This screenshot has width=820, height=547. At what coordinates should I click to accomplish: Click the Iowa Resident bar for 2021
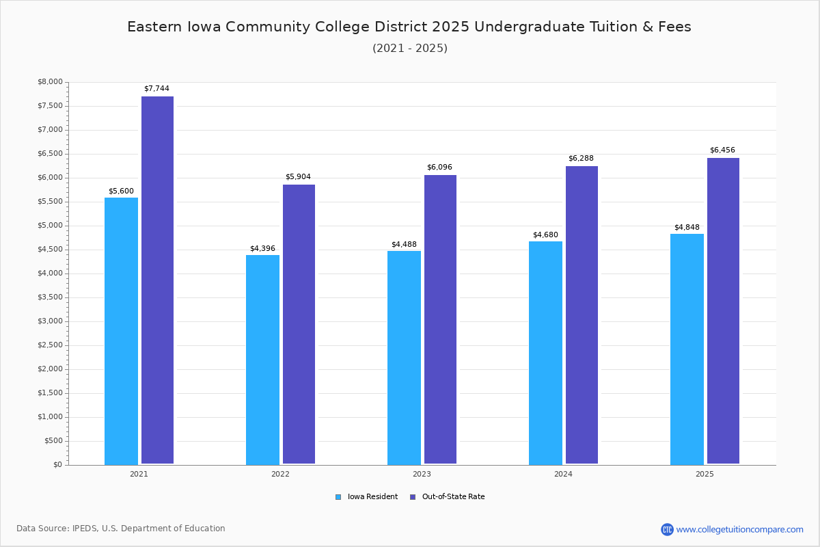(x=121, y=331)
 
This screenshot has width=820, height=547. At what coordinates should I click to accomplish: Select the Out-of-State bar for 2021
(x=157, y=280)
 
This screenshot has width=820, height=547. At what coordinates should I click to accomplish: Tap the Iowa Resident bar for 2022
(x=262, y=360)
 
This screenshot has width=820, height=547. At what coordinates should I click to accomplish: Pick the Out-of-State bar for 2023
(x=440, y=319)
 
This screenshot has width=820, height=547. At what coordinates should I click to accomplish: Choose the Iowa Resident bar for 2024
(x=545, y=353)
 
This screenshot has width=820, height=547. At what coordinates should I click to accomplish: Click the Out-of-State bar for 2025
(x=723, y=311)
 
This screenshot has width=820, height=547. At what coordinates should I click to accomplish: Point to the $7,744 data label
(x=156, y=89)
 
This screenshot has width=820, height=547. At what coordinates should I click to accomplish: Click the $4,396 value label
(x=262, y=249)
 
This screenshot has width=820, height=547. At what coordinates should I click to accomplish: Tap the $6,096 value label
(x=439, y=168)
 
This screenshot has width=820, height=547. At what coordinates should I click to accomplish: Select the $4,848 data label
(x=687, y=228)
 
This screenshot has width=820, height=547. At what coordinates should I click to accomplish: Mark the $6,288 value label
(x=581, y=159)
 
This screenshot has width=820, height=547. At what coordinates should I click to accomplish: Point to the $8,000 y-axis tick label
(x=50, y=82)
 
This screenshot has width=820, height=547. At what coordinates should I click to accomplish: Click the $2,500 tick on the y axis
(x=50, y=345)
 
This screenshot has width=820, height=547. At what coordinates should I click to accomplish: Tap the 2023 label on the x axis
(x=422, y=474)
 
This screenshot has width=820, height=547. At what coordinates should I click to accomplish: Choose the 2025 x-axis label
(x=705, y=474)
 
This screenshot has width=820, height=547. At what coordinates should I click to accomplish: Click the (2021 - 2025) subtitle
(x=410, y=49)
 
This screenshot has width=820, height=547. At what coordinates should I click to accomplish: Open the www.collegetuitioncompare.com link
(x=739, y=529)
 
